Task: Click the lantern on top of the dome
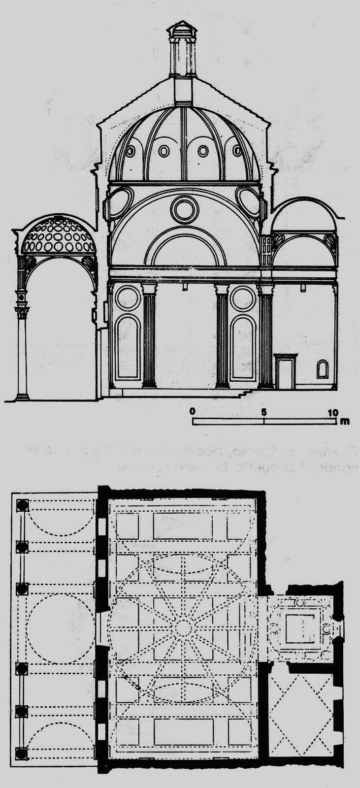[x=182, y=49]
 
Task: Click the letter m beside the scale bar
[x=347, y=421]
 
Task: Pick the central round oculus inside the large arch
[x=185, y=209]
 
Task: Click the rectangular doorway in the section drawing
[x=285, y=371]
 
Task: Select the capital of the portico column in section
[x=21, y=312]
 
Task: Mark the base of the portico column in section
[x=22, y=395]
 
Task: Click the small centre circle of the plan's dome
[x=183, y=627]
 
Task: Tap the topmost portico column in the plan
[x=22, y=505]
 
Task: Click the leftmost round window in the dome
[x=130, y=151]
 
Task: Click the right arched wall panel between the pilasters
[x=242, y=347]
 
